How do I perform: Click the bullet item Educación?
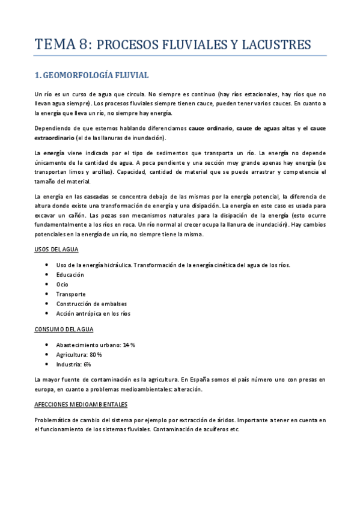70,275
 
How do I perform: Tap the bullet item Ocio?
62,284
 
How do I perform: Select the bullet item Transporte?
70,294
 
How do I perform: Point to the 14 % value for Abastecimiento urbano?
129,345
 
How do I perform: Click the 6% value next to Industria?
87,364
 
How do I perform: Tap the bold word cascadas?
96,197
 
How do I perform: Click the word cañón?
72,215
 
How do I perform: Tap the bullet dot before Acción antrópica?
47,313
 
